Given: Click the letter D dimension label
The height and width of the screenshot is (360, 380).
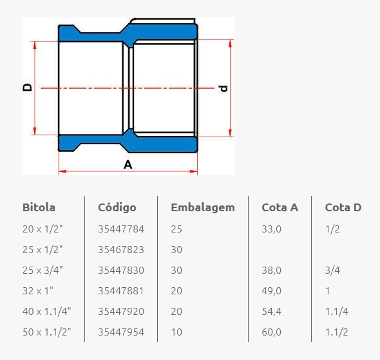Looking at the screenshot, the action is click(27, 87).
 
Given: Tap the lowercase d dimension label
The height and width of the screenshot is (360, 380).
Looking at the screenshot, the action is click(223, 88).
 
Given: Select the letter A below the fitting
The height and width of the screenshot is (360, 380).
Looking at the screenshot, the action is click(128, 165).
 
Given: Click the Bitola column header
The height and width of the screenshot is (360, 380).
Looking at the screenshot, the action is click(39, 207).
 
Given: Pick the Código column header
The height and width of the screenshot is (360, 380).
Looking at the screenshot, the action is click(117, 207).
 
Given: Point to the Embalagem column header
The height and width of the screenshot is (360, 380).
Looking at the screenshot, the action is click(203, 208).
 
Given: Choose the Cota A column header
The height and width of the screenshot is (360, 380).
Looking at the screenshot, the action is click(280, 207).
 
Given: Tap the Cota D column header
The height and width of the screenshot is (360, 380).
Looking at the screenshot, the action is click(343, 207).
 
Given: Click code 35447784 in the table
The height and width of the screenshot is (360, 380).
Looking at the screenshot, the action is click(121, 229).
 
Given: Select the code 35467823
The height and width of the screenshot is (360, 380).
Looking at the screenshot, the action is click(121, 249).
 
